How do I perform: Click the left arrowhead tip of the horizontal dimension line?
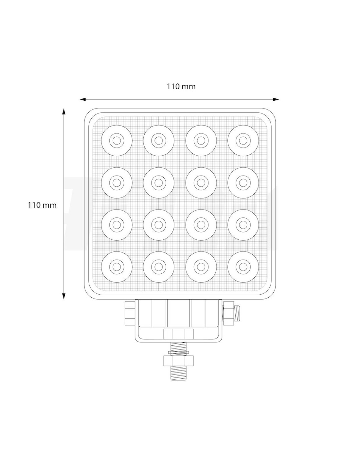80,99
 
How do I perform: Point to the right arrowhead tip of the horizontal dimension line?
279,99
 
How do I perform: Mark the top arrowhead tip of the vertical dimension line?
63,109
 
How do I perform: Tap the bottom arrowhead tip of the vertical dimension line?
63,299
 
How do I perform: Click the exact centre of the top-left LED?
117,141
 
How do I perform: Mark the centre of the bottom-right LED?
243,267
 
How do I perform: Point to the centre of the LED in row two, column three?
201,183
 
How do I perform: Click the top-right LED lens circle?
243,141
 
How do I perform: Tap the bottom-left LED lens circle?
117,267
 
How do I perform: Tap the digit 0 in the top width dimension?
177,86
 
